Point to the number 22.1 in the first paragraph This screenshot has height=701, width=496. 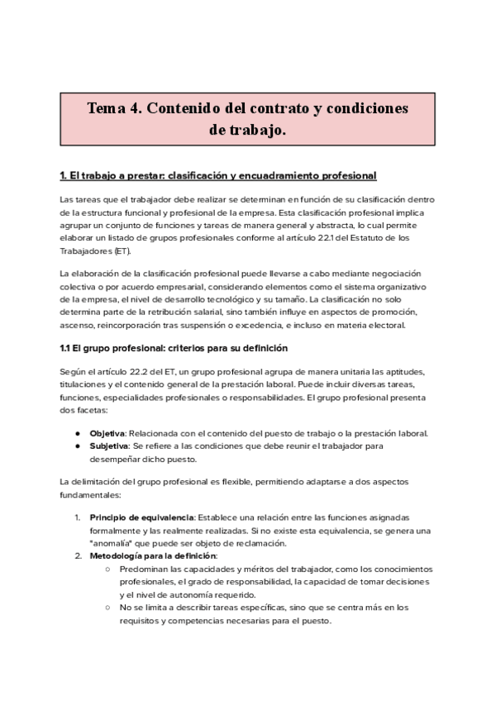(313, 240)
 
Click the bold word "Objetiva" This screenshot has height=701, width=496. (107, 434)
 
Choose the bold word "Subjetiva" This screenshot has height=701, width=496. (108, 446)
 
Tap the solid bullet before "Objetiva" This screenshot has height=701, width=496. (78, 434)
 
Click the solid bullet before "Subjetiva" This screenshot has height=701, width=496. (78, 446)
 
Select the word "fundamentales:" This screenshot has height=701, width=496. (90, 496)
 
